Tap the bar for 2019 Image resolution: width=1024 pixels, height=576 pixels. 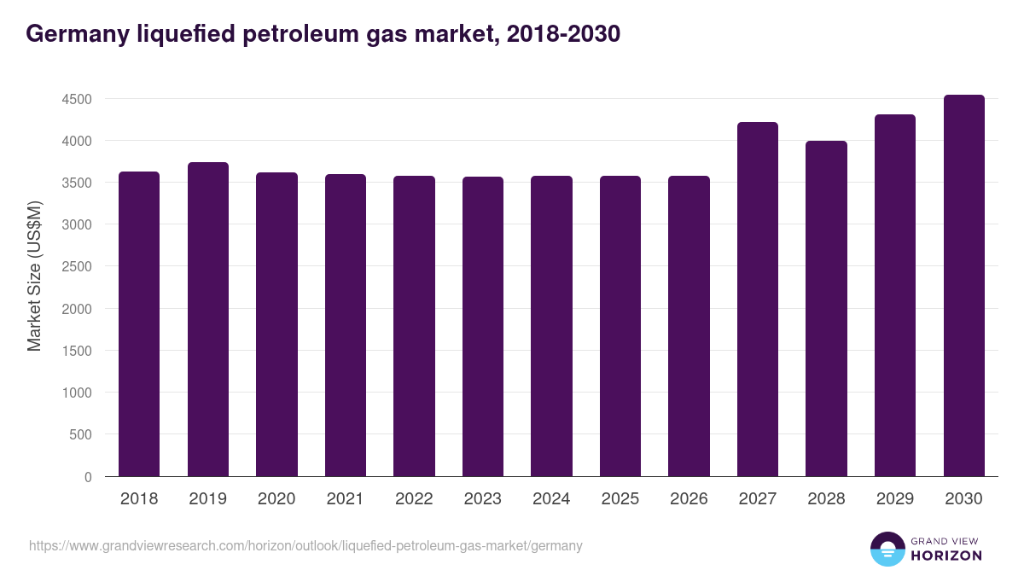pos(208,319)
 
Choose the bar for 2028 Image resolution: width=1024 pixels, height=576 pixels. pos(826,308)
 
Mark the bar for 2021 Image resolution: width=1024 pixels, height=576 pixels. pos(346,325)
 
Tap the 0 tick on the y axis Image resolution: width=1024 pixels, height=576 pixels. pos(87,477)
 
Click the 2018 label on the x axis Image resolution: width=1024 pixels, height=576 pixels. pos(139,499)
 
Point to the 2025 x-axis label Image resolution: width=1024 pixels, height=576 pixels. pos(620,499)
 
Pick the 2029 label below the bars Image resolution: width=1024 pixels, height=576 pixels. pos(895,499)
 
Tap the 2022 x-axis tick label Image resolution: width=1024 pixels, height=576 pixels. pos(414,499)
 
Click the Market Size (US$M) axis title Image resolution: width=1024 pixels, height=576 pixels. pos(34,275)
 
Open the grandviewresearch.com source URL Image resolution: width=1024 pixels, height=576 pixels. pos(305,545)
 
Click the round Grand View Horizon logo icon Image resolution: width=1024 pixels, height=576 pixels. pos(887,549)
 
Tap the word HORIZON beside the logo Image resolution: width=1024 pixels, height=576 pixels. pos(946,556)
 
